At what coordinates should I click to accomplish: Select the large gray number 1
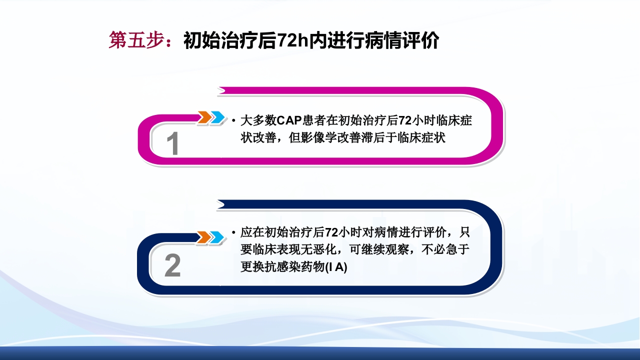point(172,144)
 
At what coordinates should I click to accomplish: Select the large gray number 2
point(172,266)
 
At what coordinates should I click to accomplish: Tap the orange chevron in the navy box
point(203,237)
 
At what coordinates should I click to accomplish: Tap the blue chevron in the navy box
point(216,237)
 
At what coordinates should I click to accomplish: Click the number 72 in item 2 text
point(331,233)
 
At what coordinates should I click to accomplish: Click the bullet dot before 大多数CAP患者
point(234,121)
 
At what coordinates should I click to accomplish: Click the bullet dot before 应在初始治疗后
point(234,233)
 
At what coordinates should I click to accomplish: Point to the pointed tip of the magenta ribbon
point(218,90)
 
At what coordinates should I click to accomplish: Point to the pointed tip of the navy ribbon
point(218,203)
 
